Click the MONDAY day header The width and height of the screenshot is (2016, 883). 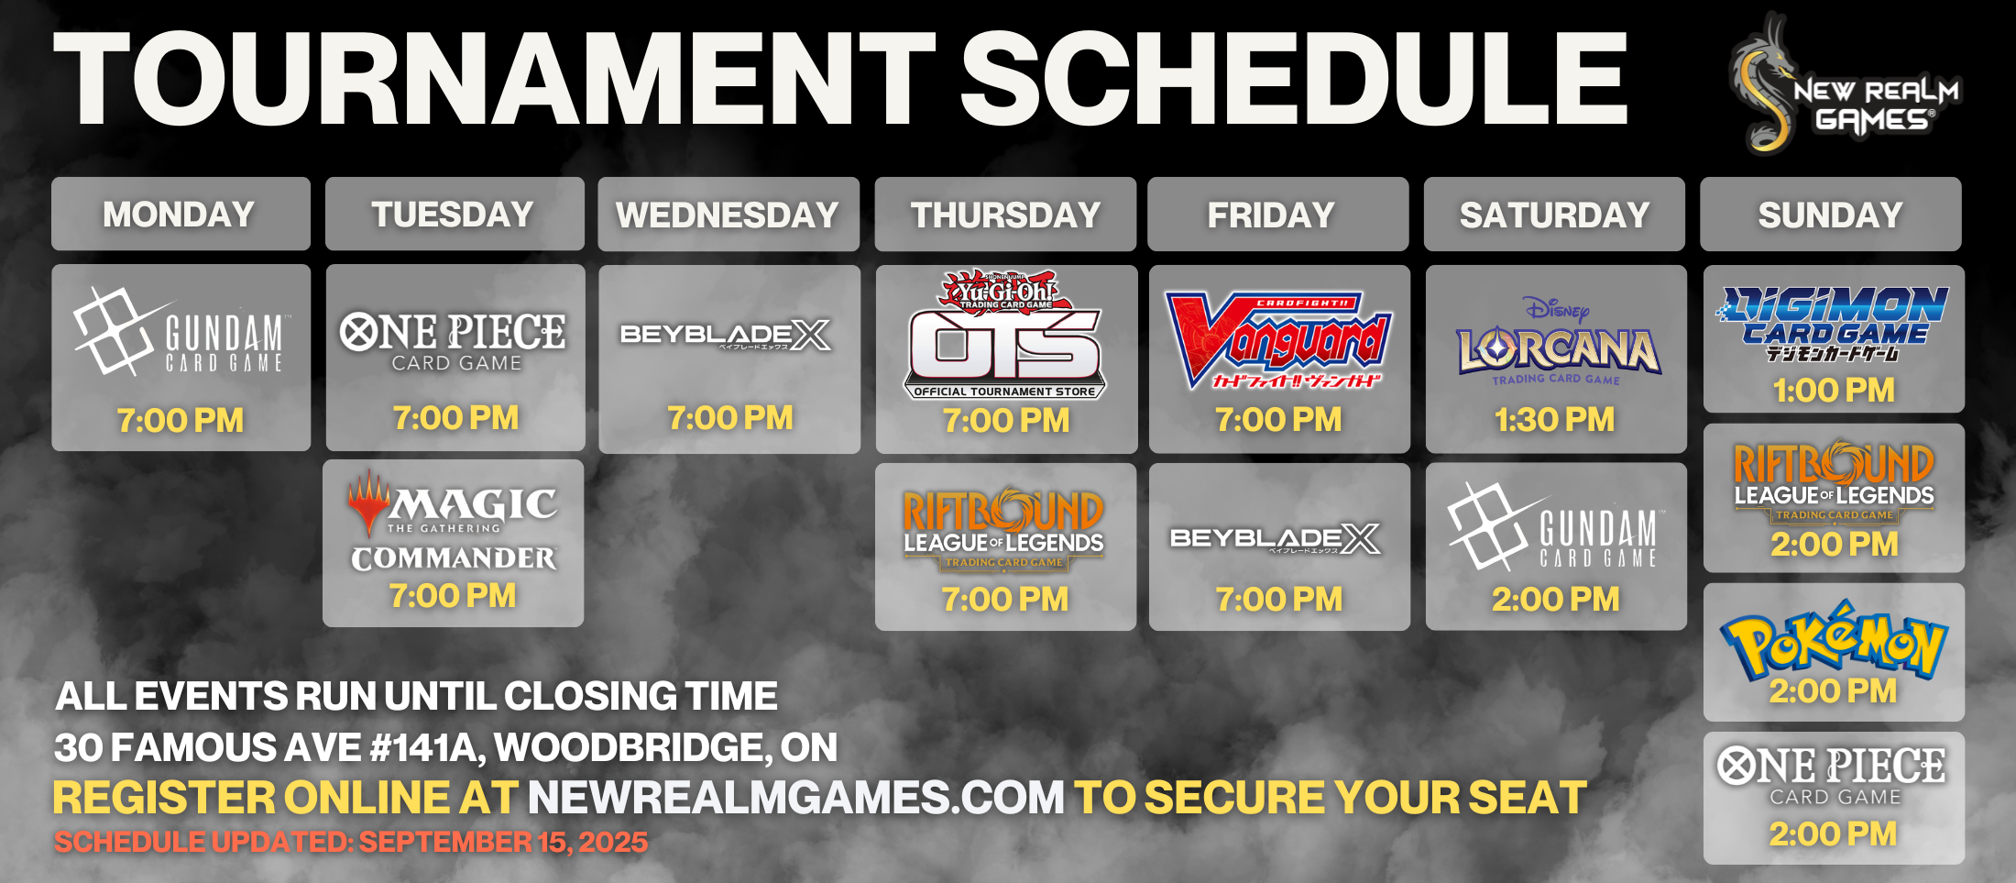181,214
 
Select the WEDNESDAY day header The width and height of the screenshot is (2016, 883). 729,214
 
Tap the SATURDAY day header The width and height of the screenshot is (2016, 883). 1554,214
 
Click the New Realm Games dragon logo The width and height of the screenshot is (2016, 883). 1844,84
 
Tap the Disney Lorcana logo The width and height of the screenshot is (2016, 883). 1558,341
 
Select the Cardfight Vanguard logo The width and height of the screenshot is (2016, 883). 1278,340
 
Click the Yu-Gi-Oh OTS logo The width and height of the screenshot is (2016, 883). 1005,335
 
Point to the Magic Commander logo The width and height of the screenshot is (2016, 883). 454,521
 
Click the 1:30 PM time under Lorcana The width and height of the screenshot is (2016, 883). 1555,420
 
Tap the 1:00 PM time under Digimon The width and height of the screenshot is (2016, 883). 1834,391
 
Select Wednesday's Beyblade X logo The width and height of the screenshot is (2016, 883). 726,336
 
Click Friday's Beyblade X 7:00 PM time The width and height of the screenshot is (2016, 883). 1279,600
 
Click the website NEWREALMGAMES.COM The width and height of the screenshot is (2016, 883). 795,798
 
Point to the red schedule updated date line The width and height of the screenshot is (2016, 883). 351,842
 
